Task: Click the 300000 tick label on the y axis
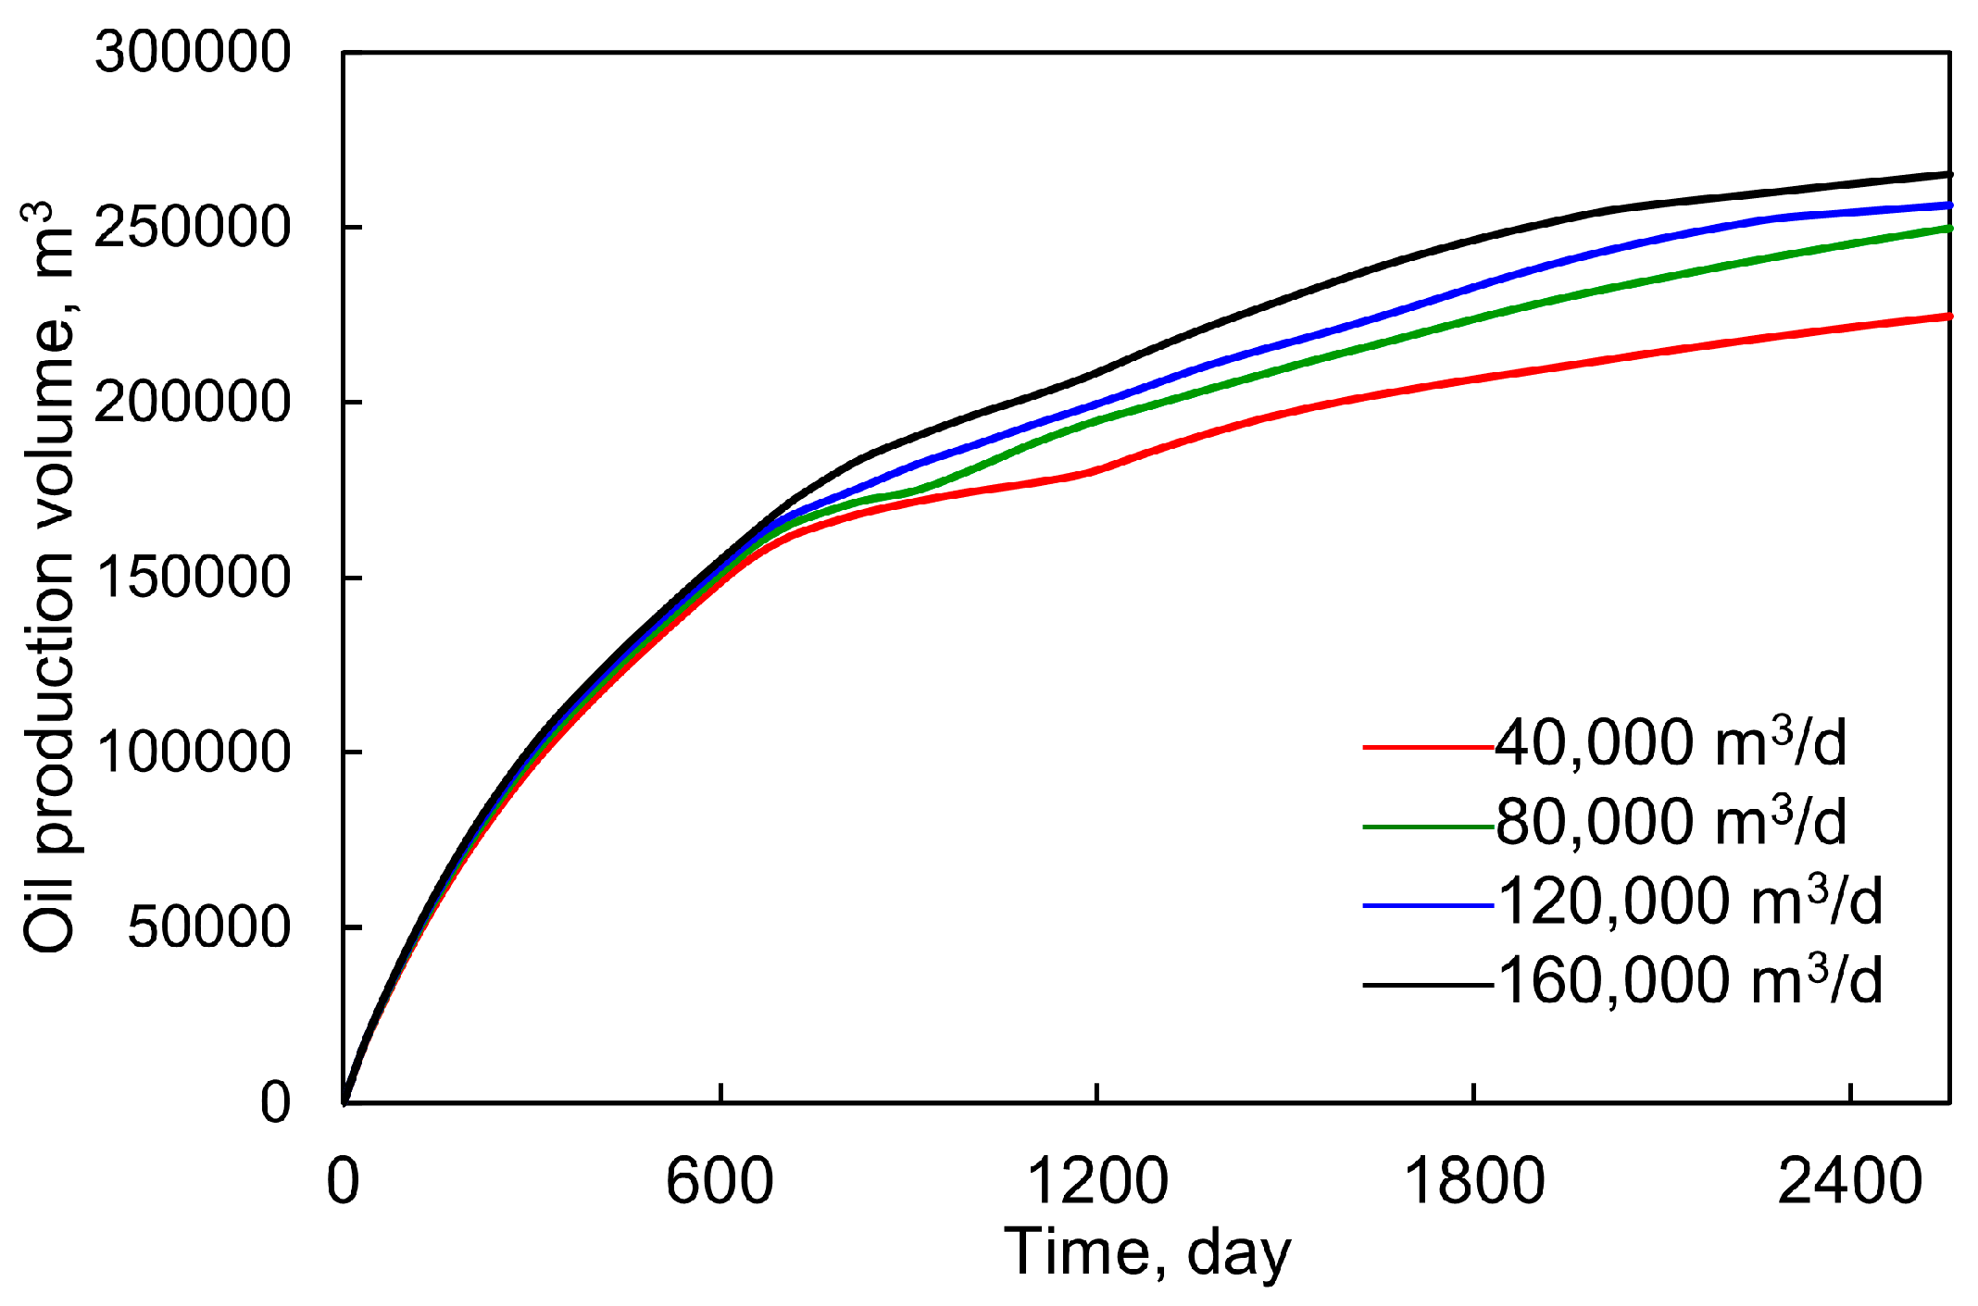pos(193,52)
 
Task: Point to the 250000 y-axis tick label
pos(193,227)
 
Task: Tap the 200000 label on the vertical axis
pos(193,402)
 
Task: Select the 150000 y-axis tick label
pos(193,577)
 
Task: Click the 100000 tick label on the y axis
pos(193,752)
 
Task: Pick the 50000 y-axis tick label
pos(209,927)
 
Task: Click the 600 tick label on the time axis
pos(720,1182)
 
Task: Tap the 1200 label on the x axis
pos(1097,1182)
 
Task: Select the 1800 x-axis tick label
pos(1474,1182)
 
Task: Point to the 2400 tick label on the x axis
pos(1850,1182)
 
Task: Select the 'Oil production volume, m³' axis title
pos(48,578)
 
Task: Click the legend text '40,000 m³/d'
pos(1671,743)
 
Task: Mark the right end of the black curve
pos(1949,174)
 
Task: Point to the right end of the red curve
pos(1949,317)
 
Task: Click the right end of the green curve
pos(1949,228)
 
